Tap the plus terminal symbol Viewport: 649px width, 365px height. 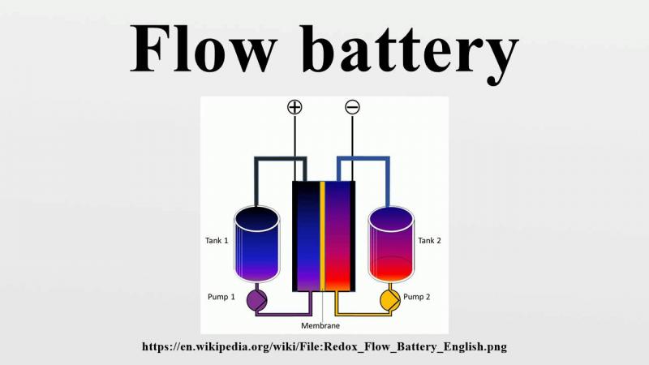tap(294, 107)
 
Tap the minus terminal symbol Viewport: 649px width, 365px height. tap(352, 107)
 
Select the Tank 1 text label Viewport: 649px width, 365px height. tap(216, 241)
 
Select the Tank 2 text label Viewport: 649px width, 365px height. tap(431, 241)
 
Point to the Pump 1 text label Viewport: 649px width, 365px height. tap(221, 297)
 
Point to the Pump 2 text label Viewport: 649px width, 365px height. tap(417, 297)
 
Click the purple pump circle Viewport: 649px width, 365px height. tap(257, 300)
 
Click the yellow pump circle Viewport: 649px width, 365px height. tap(391, 300)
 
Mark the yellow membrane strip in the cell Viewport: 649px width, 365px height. tap(323, 235)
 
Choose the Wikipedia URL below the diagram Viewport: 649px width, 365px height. tap(324, 346)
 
